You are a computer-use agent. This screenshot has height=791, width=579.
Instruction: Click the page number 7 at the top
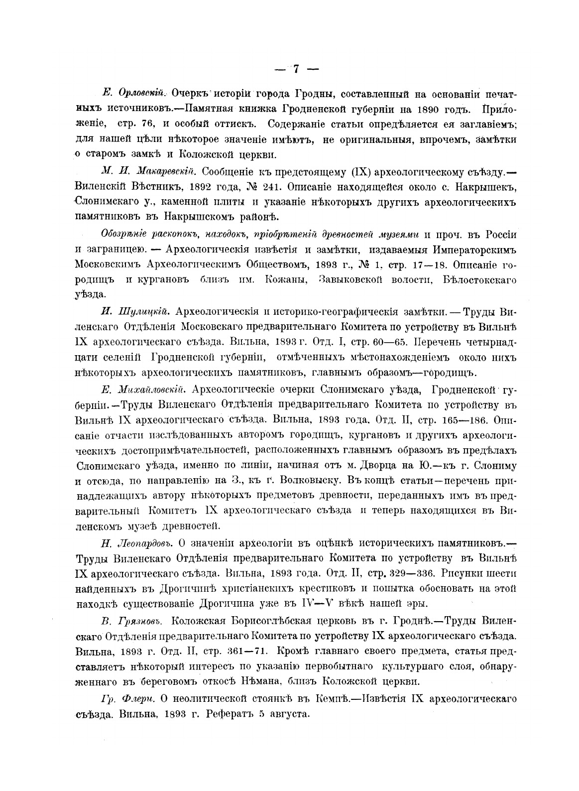pos(295,69)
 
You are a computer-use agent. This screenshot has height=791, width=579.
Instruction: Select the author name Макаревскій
pos(160,172)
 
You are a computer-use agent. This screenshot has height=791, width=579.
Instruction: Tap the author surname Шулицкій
pos(143,312)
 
